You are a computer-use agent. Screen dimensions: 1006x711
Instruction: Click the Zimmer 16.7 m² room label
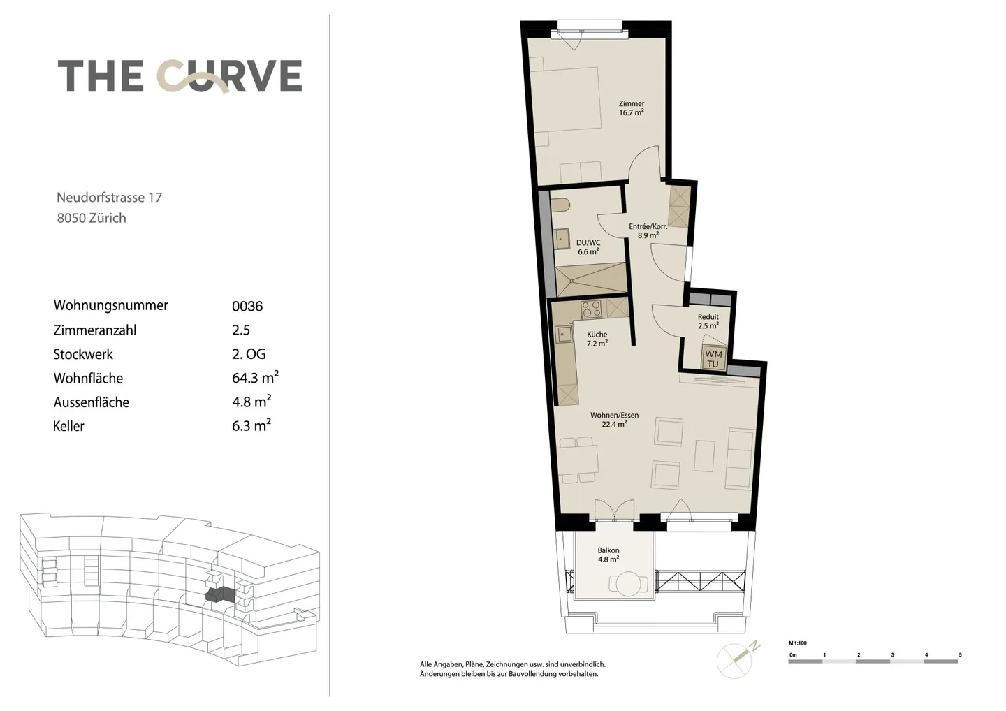click(x=632, y=108)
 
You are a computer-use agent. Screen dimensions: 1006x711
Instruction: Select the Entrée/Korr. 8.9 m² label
click(x=648, y=230)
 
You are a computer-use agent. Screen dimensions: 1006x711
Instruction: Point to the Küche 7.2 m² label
click(x=597, y=339)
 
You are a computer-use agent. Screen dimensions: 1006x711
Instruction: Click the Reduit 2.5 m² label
click(x=708, y=321)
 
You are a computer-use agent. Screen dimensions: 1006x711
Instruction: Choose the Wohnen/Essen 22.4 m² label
click(x=614, y=420)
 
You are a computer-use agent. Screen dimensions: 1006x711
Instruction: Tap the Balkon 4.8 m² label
click(x=608, y=555)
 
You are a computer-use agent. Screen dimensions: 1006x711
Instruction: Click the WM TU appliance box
click(x=713, y=359)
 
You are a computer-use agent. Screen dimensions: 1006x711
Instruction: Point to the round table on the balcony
click(x=629, y=584)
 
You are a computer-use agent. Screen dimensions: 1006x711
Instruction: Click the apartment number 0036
click(x=247, y=307)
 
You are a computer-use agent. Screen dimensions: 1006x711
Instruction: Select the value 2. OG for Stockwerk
click(x=249, y=354)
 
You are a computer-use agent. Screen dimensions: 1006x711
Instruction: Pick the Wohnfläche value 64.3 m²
click(x=255, y=377)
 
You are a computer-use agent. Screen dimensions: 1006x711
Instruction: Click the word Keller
click(x=68, y=426)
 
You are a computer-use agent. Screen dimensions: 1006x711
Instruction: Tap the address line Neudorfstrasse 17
click(x=109, y=198)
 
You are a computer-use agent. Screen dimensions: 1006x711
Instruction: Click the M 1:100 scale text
click(x=798, y=643)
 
